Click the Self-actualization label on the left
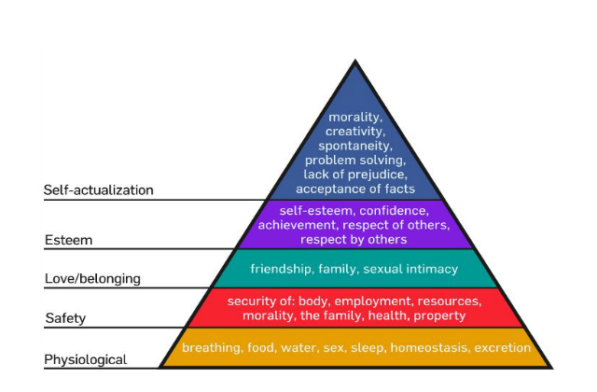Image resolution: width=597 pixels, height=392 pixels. (x=98, y=189)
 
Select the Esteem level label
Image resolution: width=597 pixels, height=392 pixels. (x=68, y=240)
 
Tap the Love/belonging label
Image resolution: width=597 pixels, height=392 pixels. (x=92, y=279)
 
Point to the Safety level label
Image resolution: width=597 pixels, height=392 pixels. (x=65, y=318)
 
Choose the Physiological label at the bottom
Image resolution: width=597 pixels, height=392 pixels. (x=85, y=359)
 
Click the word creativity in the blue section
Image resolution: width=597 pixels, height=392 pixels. (x=354, y=132)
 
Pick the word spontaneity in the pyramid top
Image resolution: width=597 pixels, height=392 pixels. (x=354, y=146)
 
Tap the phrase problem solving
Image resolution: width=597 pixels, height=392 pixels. (x=354, y=160)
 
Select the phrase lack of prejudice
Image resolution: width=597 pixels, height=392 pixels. (x=354, y=175)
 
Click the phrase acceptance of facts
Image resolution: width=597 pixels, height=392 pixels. (x=354, y=189)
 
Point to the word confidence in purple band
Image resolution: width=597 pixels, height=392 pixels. (x=394, y=211)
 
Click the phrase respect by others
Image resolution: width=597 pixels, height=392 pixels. (x=354, y=240)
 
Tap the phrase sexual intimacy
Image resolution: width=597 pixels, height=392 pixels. (x=410, y=269)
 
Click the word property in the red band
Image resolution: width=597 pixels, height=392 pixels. (x=439, y=315)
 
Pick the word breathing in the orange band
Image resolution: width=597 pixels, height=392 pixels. (x=212, y=348)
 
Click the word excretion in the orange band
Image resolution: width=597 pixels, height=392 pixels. (x=502, y=348)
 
